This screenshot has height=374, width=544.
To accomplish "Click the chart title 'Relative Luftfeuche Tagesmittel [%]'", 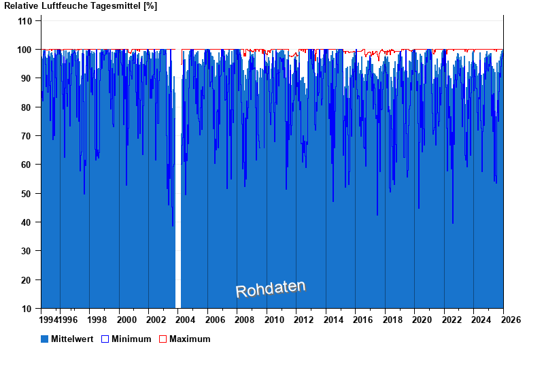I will click(x=81, y=6).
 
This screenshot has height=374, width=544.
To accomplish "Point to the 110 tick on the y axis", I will click(x=25, y=21).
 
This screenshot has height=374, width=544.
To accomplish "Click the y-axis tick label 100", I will click(x=25, y=50).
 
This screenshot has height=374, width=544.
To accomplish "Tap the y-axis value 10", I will click(x=28, y=309).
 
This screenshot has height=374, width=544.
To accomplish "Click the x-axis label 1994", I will click(x=48, y=320).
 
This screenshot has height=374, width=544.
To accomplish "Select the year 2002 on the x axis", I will click(x=156, y=320).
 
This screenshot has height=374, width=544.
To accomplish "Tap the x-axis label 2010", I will click(x=274, y=320).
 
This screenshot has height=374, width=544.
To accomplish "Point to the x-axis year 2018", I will click(x=392, y=320).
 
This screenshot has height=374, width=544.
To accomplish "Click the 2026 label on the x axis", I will click(x=511, y=320).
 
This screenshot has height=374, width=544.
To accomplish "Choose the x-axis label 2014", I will click(x=333, y=320).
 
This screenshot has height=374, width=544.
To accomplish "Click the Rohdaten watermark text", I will click(x=271, y=289).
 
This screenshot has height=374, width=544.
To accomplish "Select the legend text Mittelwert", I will click(x=72, y=339).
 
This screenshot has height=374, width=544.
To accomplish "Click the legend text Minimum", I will click(x=131, y=339).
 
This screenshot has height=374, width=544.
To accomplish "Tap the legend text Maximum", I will click(x=190, y=339).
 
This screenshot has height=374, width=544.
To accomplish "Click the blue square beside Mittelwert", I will click(x=45, y=339).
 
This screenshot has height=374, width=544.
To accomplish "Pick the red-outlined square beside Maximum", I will click(x=163, y=339).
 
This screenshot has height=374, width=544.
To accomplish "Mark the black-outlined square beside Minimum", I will click(x=105, y=339).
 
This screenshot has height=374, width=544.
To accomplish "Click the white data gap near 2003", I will click(x=178, y=204).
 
